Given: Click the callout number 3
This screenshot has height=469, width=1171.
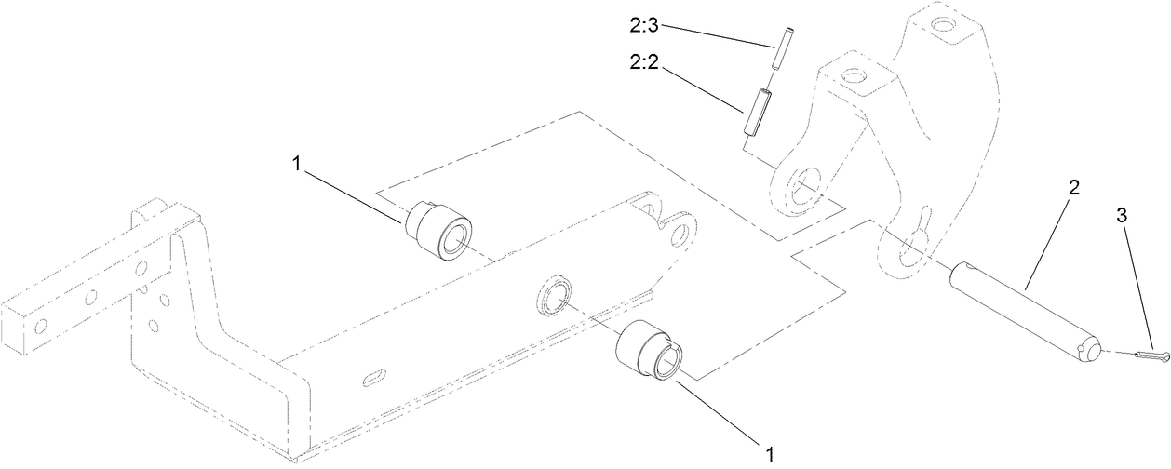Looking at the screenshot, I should [1122, 215].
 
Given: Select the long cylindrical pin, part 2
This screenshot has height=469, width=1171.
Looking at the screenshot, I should [1024, 314].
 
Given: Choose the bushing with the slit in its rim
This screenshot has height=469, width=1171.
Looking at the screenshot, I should [650, 350].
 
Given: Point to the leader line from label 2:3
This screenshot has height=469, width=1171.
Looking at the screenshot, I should [717, 35].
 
